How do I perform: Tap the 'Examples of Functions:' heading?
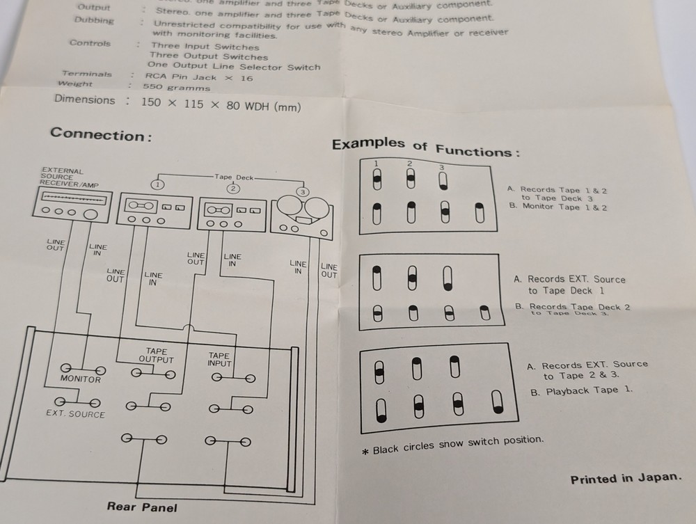(x=425, y=147)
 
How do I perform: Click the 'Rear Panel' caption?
(x=142, y=507)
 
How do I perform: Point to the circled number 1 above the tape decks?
(x=158, y=184)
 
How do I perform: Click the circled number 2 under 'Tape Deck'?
(x=233, y=188)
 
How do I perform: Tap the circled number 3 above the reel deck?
(x=302, y=191)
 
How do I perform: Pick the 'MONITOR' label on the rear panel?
(x=80, y=379)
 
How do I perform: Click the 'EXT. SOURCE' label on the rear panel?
(x=75, y=414)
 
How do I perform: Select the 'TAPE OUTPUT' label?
(x=156, y=356)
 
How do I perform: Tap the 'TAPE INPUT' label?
(x=219, y=359)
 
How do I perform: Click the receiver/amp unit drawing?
(x=70, y=206)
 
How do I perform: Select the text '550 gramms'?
(x=176, y=88)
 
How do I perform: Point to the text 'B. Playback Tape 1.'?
(x=582, y=391)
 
